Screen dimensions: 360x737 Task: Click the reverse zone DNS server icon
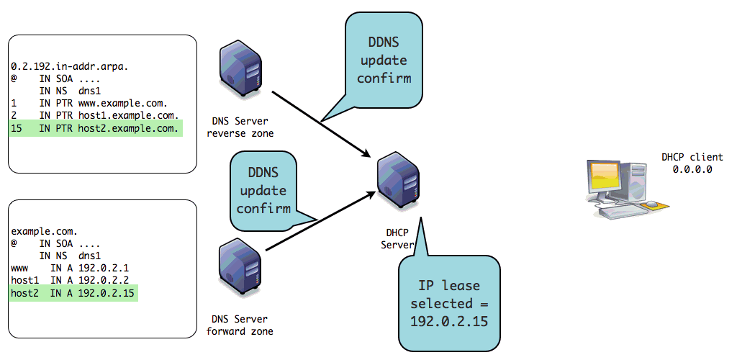click(x=239, y=72)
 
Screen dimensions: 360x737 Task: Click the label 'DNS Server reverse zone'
click(x=239, y=127)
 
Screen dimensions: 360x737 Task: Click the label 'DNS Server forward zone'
click(x=239, y=325)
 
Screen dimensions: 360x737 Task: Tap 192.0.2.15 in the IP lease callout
click(x=449, y=321)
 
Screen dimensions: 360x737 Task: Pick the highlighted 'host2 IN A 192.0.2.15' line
click(x=73, y=293)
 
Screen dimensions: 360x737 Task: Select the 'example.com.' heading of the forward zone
click(x=44, y=231)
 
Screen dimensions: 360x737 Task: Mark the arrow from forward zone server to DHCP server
click(x=320, y=227)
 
